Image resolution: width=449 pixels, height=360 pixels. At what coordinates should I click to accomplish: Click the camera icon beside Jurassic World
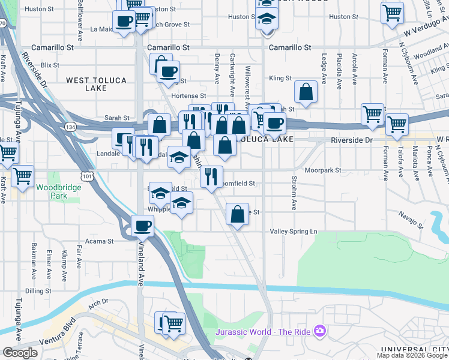(x=320, y=331)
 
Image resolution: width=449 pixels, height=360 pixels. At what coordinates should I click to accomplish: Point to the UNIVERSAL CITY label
(x=415, y=349)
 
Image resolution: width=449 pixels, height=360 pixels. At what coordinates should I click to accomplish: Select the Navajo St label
(x=412, y=213)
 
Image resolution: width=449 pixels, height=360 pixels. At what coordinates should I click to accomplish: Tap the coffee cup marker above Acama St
(x=143, y=226)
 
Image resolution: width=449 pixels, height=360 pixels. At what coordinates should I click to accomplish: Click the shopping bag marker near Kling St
(x=306, y=92)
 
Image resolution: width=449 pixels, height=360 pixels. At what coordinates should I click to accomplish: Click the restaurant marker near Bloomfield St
(x=211, y=176)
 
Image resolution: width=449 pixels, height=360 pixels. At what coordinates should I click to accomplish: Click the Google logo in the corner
(x=20, y=353)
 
